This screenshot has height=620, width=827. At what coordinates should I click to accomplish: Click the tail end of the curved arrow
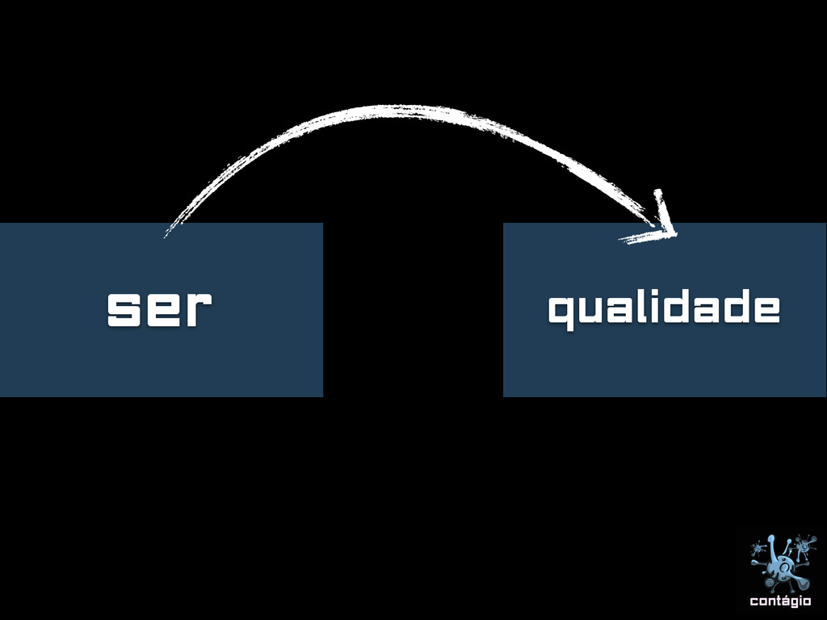point(166,234)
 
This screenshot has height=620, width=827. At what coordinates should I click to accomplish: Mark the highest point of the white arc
point(396,108)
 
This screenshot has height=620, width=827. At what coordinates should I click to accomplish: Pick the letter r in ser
point(195,309)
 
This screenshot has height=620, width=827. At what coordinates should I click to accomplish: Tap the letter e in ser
point(160,309)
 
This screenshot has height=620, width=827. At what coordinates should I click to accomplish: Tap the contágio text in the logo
point(780,601)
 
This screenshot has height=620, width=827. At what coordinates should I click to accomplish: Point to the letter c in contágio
point(754,601)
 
